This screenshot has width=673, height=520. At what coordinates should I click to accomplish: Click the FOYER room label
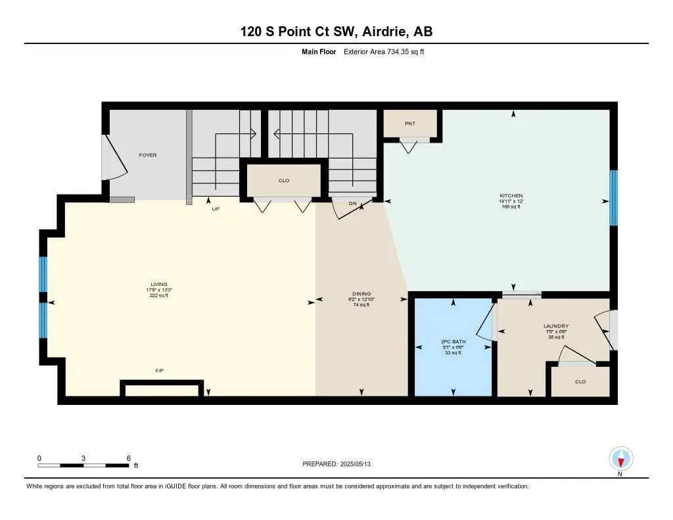coord(147,155)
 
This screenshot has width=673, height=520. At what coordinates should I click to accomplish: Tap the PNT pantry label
coord(410,124)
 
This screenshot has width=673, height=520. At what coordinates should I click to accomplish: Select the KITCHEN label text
coord(511,196)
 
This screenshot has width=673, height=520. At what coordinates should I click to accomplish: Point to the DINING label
coord(361,294)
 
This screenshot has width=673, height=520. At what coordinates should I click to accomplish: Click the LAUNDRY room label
coord(556,326)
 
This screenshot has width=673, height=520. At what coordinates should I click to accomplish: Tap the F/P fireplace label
coord(159,371)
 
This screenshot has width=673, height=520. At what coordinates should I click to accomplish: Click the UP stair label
coord(215,209)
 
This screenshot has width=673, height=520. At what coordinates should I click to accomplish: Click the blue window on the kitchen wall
coord(613,198)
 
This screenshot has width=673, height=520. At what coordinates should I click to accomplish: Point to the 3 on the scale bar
coord(83,458)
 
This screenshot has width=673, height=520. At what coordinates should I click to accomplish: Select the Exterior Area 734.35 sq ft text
coord(384,52)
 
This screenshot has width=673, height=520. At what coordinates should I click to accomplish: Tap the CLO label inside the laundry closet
coord(580,381)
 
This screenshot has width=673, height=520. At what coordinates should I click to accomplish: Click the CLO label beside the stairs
coord(283,180)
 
